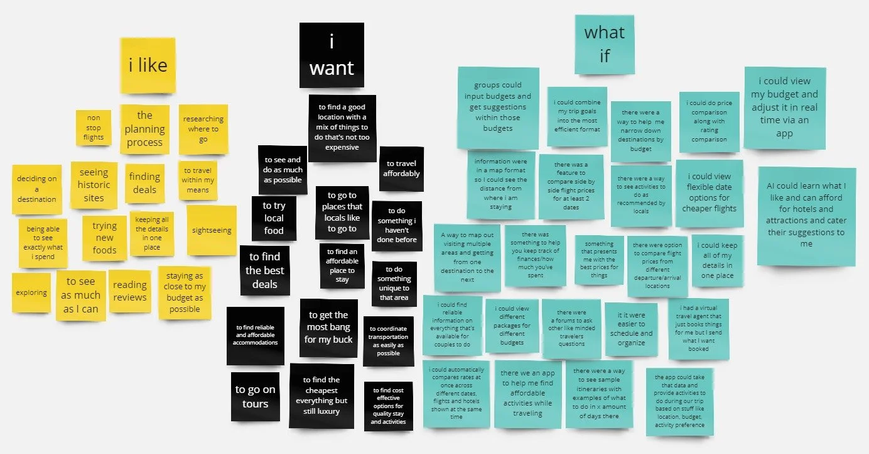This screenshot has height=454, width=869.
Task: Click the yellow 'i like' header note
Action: [x=148, y=65]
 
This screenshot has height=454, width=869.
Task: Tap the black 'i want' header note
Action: [x=332, y=55]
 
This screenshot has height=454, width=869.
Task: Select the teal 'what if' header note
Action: [x=604, y=44]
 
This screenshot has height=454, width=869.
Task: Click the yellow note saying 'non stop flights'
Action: [x=94, y=128]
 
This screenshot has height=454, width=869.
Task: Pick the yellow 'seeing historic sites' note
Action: [x=94, y=185]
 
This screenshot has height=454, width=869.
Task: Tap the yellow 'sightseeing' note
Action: [x=212, y=230]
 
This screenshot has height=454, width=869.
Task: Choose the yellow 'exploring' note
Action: [x=31, y=292]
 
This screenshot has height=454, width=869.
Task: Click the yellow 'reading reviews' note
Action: [x=130, y=291]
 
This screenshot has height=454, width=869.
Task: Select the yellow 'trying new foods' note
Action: [x=104, y=238]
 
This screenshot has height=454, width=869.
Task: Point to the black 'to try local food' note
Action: [x=274, y=218]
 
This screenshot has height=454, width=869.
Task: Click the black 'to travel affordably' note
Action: [x=401, y=169]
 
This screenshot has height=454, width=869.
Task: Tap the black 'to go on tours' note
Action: [x=256, y=397]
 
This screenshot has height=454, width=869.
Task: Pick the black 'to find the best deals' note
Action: [x=264, y=270]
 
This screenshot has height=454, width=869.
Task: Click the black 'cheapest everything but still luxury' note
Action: [x=321, y=396]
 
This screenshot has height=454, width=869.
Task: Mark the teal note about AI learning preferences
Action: [x=806, y=215]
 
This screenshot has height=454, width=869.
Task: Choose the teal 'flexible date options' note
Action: [x=709, y=193]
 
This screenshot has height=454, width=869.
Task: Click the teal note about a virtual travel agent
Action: [x=698, y=329]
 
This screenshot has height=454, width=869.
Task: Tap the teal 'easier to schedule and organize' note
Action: [x=631, y=329]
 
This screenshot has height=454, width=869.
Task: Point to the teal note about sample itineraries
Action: [x=598, y=394]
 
